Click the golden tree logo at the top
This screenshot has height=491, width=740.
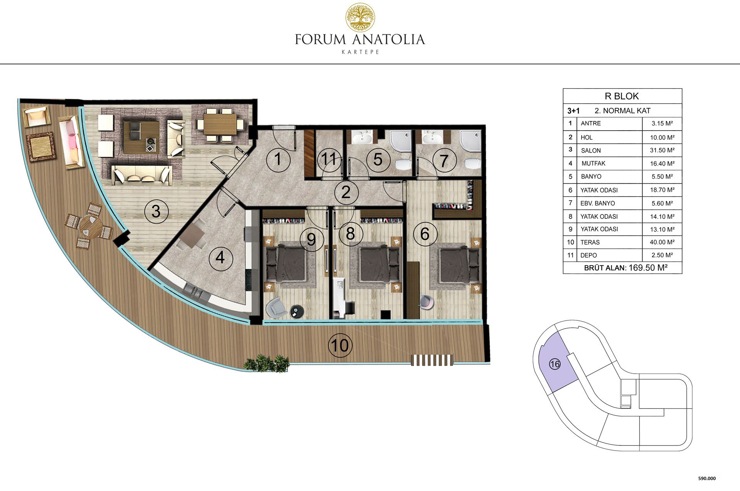[x=360, y=17]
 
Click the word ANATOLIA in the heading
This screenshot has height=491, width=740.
[x=388, y=40]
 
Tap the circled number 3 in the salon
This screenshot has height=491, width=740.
[x=156, y=211]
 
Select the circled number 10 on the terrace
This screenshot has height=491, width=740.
[x=340, y=345]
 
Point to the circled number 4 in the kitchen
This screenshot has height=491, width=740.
[x=220, y=258]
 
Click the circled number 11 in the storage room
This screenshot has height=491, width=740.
[x=329, y=159]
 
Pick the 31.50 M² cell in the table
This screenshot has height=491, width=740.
[x=662, y=150]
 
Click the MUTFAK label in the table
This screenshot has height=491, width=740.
[x=594, y=163]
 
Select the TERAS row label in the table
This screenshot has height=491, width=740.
[x=590, y=242]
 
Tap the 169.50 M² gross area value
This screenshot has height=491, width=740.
[x=648, y=268]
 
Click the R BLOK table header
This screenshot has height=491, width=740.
[x=622, y=96]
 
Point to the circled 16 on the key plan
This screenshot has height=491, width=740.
[x=555, y=364]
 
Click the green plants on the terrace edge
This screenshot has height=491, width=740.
[x=267, y=363]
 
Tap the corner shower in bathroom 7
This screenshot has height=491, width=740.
[x=470, y=141]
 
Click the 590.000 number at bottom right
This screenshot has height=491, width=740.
[x=707, y=479]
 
